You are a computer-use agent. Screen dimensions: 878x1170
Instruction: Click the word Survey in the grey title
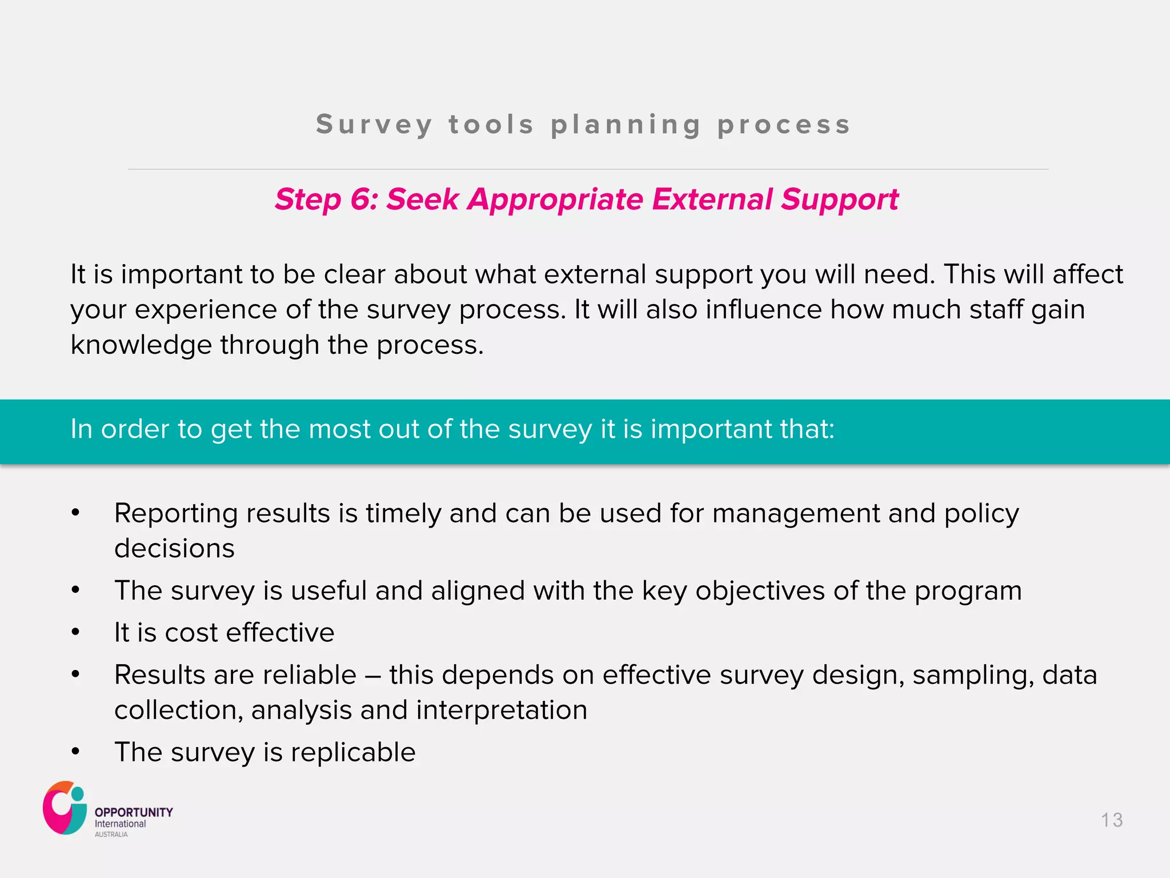(374, 125)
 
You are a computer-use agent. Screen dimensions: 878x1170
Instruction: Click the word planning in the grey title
(626, 125)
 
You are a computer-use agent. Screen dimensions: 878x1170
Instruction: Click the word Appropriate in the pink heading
(555, 199)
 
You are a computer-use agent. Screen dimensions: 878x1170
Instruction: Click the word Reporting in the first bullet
(175, 513)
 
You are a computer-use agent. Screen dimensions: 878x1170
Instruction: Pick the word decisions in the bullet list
(174, 548)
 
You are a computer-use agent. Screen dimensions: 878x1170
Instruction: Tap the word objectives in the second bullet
(760, 590)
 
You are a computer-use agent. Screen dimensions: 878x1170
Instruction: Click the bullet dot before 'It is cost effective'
(75, 632)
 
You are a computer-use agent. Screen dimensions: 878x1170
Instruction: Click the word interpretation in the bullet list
(501, 710)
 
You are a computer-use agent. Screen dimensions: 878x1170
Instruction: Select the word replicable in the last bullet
(353, 752)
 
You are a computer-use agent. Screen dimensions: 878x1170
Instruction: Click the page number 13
(1112, 820)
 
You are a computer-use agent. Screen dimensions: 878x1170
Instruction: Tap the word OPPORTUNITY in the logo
(134, 812)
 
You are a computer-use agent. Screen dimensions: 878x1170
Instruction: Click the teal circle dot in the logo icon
(78, 795)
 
